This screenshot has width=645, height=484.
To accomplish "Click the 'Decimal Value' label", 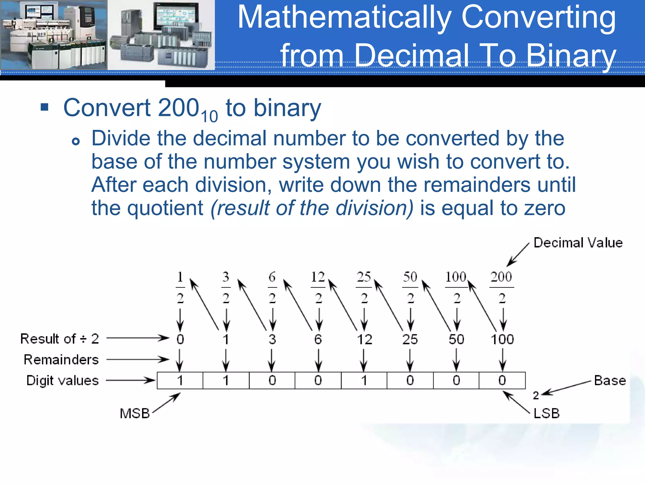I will point(578,243).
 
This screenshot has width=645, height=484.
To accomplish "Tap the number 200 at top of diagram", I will point(501,277).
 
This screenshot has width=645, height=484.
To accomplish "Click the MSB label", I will point(135,413).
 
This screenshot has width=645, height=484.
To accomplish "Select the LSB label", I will point(546,413).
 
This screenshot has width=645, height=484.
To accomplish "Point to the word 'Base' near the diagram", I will point(610,381).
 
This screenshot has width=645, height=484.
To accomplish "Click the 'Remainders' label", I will point(61,360).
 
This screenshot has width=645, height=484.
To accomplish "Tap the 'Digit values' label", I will point(62,381).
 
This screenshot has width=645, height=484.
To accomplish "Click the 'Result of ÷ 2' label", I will point(60,339).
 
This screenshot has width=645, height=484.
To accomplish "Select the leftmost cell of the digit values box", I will point(180,381).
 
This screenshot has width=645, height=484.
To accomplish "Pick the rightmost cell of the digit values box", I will point(502,381).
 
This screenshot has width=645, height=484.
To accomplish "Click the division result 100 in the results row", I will point(502,339).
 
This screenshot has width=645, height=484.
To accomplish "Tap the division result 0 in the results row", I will point(180,339).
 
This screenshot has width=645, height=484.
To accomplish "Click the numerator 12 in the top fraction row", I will point(318,277).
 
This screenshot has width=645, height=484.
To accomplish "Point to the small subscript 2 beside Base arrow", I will point(536,395).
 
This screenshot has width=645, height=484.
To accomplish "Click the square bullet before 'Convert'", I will point(44,107).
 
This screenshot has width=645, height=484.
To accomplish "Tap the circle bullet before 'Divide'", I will point(76,141).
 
